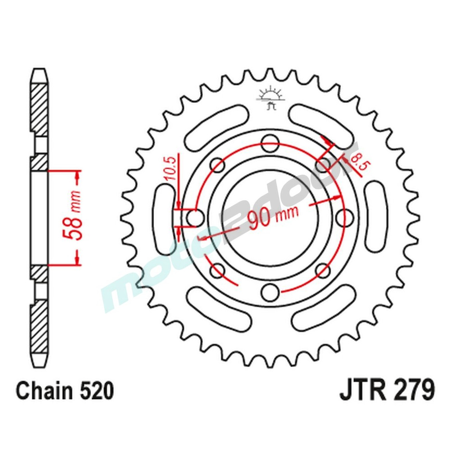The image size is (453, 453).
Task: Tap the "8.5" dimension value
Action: click(357, 164)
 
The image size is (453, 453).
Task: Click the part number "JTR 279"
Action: click(387, 390)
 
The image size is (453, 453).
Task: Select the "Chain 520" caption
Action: click(64, 390)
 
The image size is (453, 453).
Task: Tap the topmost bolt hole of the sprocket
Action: click(270, 145)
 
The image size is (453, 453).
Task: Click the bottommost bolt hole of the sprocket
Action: click(270, 290)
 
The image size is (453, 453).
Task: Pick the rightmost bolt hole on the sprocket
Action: click(347, 217)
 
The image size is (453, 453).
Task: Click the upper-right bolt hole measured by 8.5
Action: click(323, 165)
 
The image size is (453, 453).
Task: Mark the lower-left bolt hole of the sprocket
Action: click(217, 270)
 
